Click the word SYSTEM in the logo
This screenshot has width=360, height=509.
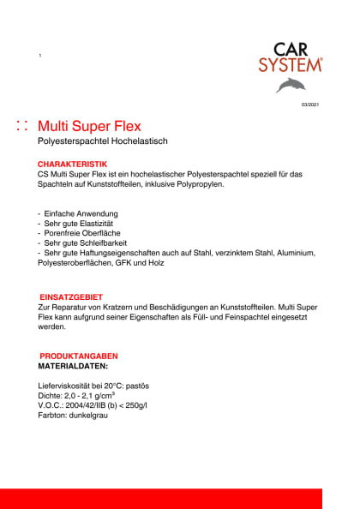(x=291, y=64)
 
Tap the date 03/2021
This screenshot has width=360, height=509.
(x=309, y=105)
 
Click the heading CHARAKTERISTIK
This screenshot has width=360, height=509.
(x=72, y=163)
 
